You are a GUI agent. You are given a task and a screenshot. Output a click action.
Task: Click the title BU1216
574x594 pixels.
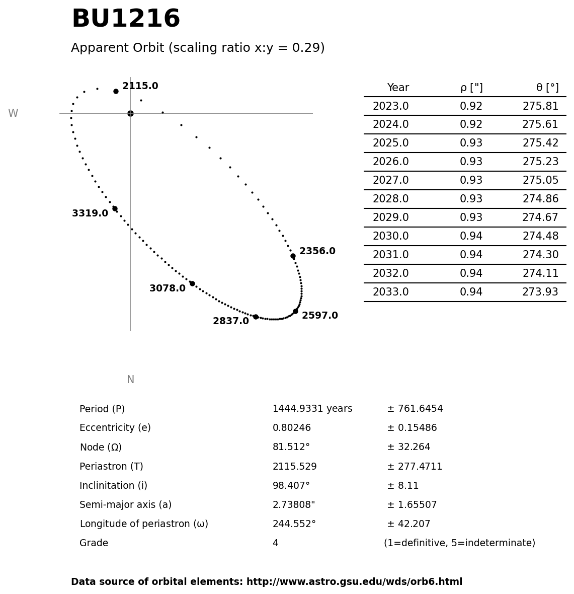126,20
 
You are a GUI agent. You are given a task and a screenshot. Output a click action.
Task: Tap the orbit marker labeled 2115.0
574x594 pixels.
116,91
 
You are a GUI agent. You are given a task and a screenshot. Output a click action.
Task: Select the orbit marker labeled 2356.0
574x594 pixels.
293,256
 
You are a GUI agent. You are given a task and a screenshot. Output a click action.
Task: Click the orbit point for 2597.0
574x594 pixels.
295,311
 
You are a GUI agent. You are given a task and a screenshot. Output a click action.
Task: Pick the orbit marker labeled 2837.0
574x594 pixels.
256,317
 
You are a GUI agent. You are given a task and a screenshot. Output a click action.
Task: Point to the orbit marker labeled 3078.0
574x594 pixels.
192,283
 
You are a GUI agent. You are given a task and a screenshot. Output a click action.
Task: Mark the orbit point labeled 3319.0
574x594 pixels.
115,208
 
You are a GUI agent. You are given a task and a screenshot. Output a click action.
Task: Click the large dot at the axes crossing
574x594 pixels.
130,113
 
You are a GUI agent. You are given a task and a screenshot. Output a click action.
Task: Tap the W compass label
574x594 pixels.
13,114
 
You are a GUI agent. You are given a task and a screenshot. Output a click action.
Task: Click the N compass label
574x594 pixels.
130,380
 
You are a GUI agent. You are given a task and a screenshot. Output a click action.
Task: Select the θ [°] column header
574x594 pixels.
547,88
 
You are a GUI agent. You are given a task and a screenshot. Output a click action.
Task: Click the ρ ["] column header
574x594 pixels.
471,88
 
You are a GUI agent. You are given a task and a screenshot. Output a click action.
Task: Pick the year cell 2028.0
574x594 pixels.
390,199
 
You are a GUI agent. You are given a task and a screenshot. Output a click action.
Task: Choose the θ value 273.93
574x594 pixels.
540,292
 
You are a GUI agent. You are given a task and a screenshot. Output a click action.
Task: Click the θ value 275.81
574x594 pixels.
540,107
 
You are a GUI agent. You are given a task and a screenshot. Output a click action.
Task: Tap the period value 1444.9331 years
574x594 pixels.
312,409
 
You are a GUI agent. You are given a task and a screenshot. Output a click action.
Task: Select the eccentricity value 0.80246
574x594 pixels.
292,428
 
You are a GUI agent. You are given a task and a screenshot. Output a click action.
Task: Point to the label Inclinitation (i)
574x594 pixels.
113,486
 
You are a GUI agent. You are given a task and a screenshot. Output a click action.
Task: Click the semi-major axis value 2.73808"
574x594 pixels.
294,505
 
